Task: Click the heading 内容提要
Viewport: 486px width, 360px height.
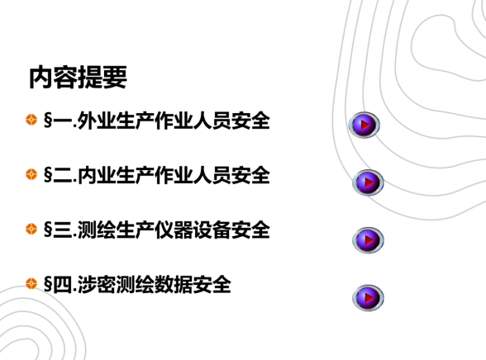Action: point(78,78)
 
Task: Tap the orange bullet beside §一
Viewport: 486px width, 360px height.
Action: point(31,120)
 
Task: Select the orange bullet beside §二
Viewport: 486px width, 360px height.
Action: point(31,174)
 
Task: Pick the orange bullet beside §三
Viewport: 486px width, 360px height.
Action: point(31,229)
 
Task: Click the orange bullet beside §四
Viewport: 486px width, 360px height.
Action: point(31,283)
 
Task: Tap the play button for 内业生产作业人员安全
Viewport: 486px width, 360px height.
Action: point(368,182)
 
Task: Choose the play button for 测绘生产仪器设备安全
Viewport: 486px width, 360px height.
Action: point(368,240)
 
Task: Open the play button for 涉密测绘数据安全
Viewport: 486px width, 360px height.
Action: point(368,298)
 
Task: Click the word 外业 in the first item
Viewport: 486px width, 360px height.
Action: point(97,120)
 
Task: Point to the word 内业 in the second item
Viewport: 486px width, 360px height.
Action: point(97,175)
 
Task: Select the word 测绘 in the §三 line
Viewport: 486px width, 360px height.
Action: point(97,230)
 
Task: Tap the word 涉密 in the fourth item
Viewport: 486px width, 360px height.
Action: point(97,285)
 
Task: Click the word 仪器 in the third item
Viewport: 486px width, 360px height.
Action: point(174,230)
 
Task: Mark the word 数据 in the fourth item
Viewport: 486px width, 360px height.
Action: point(174,285)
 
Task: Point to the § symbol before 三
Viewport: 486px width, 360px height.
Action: point(48,230)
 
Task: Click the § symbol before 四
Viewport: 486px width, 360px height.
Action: point(48,285)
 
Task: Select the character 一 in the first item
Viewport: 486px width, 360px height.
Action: point(62,121)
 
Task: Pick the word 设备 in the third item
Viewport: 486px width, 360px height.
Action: point(212,230)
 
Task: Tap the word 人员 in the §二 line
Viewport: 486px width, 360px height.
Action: point(212,175)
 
